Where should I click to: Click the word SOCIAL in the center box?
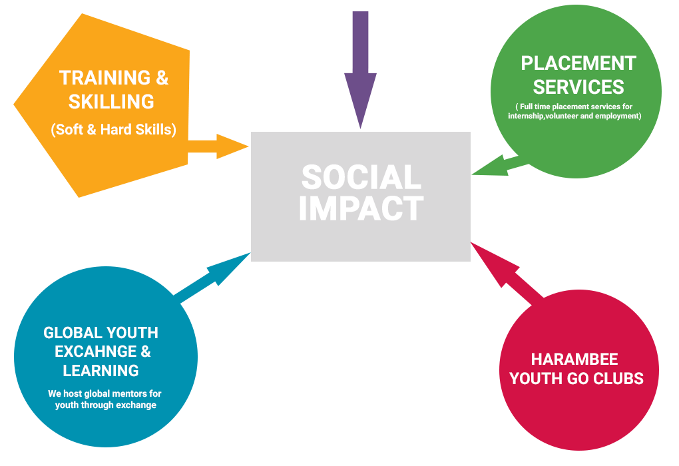[x=361, y=178]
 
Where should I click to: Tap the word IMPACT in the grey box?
[x=361, y=208]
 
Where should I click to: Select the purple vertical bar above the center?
[x=361, y=70]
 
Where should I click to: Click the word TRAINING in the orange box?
[x=105, y=78]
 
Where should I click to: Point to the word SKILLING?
[x=111, y=102]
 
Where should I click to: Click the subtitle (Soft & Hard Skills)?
[x=113, y=129]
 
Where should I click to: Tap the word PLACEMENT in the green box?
[x=578, y=63]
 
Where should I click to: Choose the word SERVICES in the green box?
[x=578, y=87]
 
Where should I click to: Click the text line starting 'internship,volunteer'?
[x=574, y=116]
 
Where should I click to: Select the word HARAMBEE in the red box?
[x=574, y=359]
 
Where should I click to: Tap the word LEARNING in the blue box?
[x=101, y=370]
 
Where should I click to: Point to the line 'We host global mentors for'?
[x=105, y=393]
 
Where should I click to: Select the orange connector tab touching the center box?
[x=220, y=146]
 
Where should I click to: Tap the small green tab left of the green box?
[x=480, y=162]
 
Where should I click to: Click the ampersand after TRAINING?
[x=162, y=78]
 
